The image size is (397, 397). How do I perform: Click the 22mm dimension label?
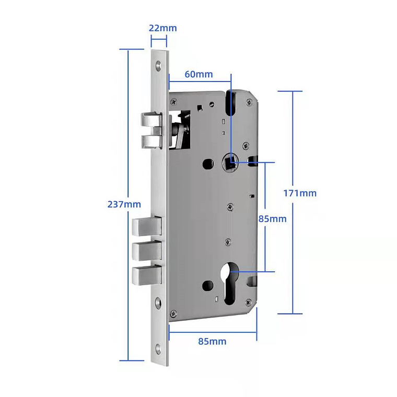[x=162, y=28]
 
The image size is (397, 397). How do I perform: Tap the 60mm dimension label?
[x=198, y=74]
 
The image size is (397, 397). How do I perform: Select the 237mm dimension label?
[x=124, y=204]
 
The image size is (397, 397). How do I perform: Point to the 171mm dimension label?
[x=300, y=193]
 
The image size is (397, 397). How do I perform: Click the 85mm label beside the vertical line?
[x=273, y=219]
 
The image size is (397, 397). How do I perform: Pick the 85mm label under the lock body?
[x=212, y=341]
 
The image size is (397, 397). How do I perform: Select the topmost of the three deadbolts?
[x=147, y=226]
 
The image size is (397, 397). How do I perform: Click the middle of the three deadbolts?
[x=147, y=251]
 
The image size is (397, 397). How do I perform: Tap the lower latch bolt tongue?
[x=151, y=141]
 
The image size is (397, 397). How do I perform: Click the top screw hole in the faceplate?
[x=158, y=65]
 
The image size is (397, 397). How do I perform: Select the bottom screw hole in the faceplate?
[x=158, y=349]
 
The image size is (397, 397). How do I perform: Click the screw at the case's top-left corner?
[x=174, y=102]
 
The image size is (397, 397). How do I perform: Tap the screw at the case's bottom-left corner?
[x=173, y=313]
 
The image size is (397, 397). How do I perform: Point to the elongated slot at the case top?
[x=230, y=102]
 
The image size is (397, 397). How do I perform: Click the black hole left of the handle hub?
[x=208, y=164]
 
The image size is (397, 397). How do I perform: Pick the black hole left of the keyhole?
[x=208, y=285]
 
